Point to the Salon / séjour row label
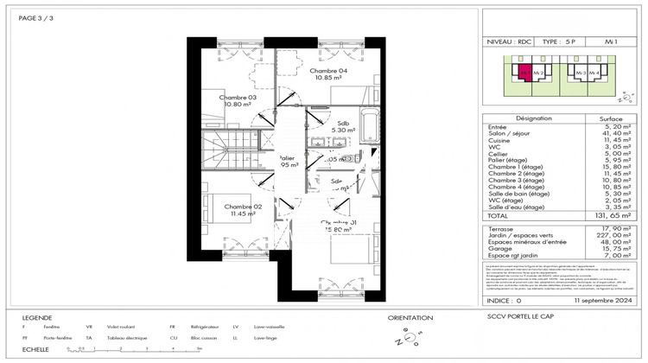pos(511,134)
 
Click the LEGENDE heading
pos(36,317)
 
